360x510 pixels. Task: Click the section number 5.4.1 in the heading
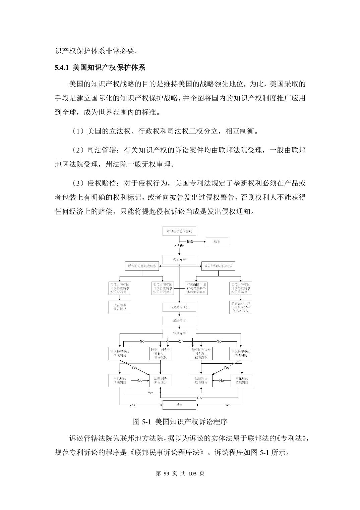coord(62,67)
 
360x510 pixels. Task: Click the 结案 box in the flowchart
coord(217,242)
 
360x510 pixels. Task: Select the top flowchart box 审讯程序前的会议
coord(179,231)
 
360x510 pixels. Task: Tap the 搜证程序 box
coord(179,259)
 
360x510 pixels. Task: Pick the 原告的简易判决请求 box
coord(142,266)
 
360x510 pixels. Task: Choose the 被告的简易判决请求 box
coord(218,266)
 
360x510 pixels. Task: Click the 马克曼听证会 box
coord(179,307)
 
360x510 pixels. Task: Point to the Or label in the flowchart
coord(180,341)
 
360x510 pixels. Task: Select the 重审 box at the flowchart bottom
coord(179,405)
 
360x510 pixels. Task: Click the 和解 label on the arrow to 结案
coord(190,242)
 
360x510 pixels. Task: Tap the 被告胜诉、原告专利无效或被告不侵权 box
coord(241,307)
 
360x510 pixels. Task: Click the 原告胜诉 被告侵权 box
coord(120,307)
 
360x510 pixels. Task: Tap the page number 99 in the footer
coord(167,473)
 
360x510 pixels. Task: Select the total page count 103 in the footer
coord(192,473)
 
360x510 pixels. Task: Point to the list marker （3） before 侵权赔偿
coord(78,183)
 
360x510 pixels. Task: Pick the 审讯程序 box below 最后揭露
coord(179,334)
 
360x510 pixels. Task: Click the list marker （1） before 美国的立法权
coord(78,131)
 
